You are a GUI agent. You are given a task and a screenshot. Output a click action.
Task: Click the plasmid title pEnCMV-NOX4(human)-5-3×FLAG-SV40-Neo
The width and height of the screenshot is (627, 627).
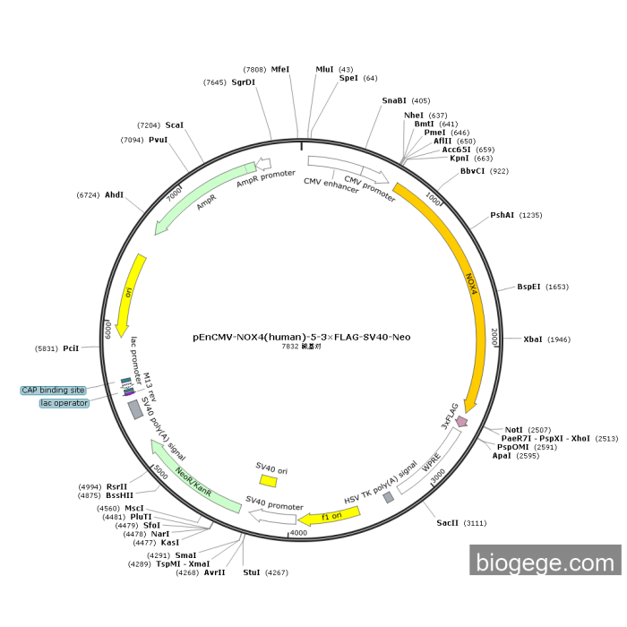[x=302, y=338]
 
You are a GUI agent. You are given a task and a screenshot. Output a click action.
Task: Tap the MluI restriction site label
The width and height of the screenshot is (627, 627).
[x=324, y=69]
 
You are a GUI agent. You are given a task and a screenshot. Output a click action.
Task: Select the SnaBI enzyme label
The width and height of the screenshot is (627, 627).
[x=393, y=100]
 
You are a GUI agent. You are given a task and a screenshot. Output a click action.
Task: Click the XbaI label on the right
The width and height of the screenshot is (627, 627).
[x=533, y=339]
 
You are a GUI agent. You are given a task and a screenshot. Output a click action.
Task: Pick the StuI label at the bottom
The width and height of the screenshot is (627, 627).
[x=252, y=571]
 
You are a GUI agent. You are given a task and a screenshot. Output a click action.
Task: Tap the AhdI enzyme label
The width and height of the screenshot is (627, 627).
[x=114, y=194]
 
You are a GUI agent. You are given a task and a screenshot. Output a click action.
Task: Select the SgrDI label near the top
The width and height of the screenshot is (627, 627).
[x=243, y=82]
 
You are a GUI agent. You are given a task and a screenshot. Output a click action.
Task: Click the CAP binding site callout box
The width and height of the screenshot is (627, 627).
[x=54, y=391]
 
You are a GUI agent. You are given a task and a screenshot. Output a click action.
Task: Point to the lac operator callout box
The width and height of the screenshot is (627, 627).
[x=64, y=403]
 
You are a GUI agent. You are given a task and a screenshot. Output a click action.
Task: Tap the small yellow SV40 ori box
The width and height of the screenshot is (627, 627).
[x=268, y=481]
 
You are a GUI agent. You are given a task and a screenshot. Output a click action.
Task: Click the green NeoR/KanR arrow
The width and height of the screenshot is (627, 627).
[x=193, y=474]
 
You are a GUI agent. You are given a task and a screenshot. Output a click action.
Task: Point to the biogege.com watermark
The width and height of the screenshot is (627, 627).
[x=545, y=563]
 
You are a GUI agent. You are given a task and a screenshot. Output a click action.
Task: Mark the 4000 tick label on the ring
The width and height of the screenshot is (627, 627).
[x=298, y=533]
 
